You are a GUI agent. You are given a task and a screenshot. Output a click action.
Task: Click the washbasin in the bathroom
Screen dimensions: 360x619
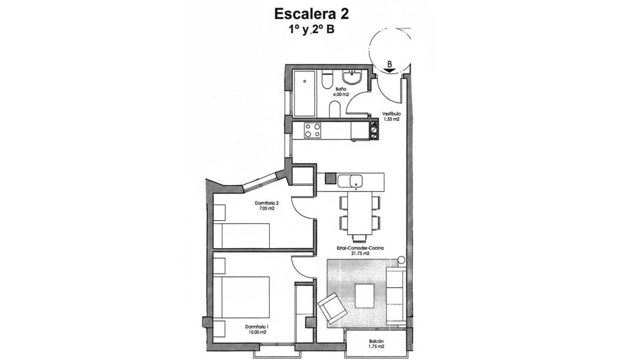point(353,78)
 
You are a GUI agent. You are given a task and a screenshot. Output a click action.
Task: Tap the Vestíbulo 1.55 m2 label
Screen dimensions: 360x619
point(391,116)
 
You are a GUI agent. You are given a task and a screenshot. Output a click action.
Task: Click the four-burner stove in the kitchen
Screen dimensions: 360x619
point(313,130)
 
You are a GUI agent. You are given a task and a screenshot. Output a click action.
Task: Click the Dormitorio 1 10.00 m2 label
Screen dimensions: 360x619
point(256,330)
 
